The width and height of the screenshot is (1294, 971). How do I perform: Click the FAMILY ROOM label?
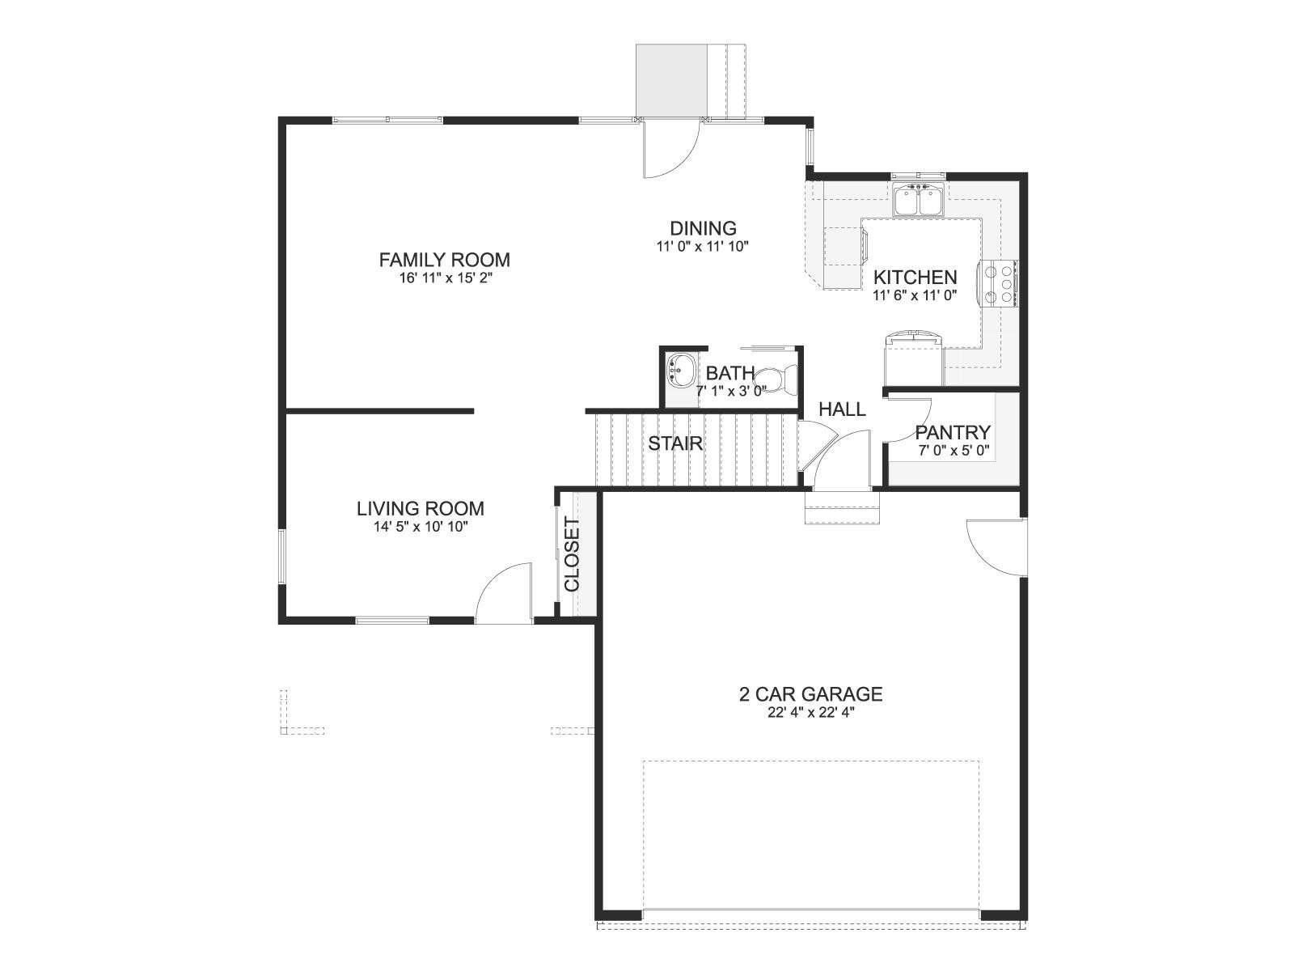pyautogui.click(x=444, y=260)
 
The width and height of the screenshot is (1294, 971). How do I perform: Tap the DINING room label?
pyautogui.click(x=704, y=228)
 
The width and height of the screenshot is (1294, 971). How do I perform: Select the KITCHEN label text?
pyautogui.click(x=915, y=277)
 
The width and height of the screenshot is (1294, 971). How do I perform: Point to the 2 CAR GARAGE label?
pyautogui.click(x=810, y=694)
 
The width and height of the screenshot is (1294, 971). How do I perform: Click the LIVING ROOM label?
pyautogui.click(x=421, y=508)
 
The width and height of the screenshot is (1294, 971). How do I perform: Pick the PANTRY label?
pyautogui.click(x=953, y=432)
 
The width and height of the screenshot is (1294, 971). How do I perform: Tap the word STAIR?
pyautogui.click(x=675, y=443)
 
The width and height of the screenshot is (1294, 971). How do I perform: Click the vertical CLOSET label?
pyautogui.click(x=573, y=554)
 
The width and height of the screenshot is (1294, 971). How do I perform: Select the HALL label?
pyautogui.click(x=843, y=409)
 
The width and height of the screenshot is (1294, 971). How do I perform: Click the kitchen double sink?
pyautogui.click(x=918, y=200)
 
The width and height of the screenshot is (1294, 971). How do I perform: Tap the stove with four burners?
pyautogui.click(x=1000, y=283)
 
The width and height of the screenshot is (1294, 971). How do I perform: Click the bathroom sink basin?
pyautogui.click(x=680, y=371)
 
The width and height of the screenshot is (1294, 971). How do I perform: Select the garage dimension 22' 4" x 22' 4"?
pyautogui.click(x=810, y=713)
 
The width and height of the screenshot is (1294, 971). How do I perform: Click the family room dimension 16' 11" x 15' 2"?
pyautogui.click(x=445, y=278)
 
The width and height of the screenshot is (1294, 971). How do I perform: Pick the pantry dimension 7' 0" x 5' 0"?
pyautogui.click(x=954, y=451)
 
